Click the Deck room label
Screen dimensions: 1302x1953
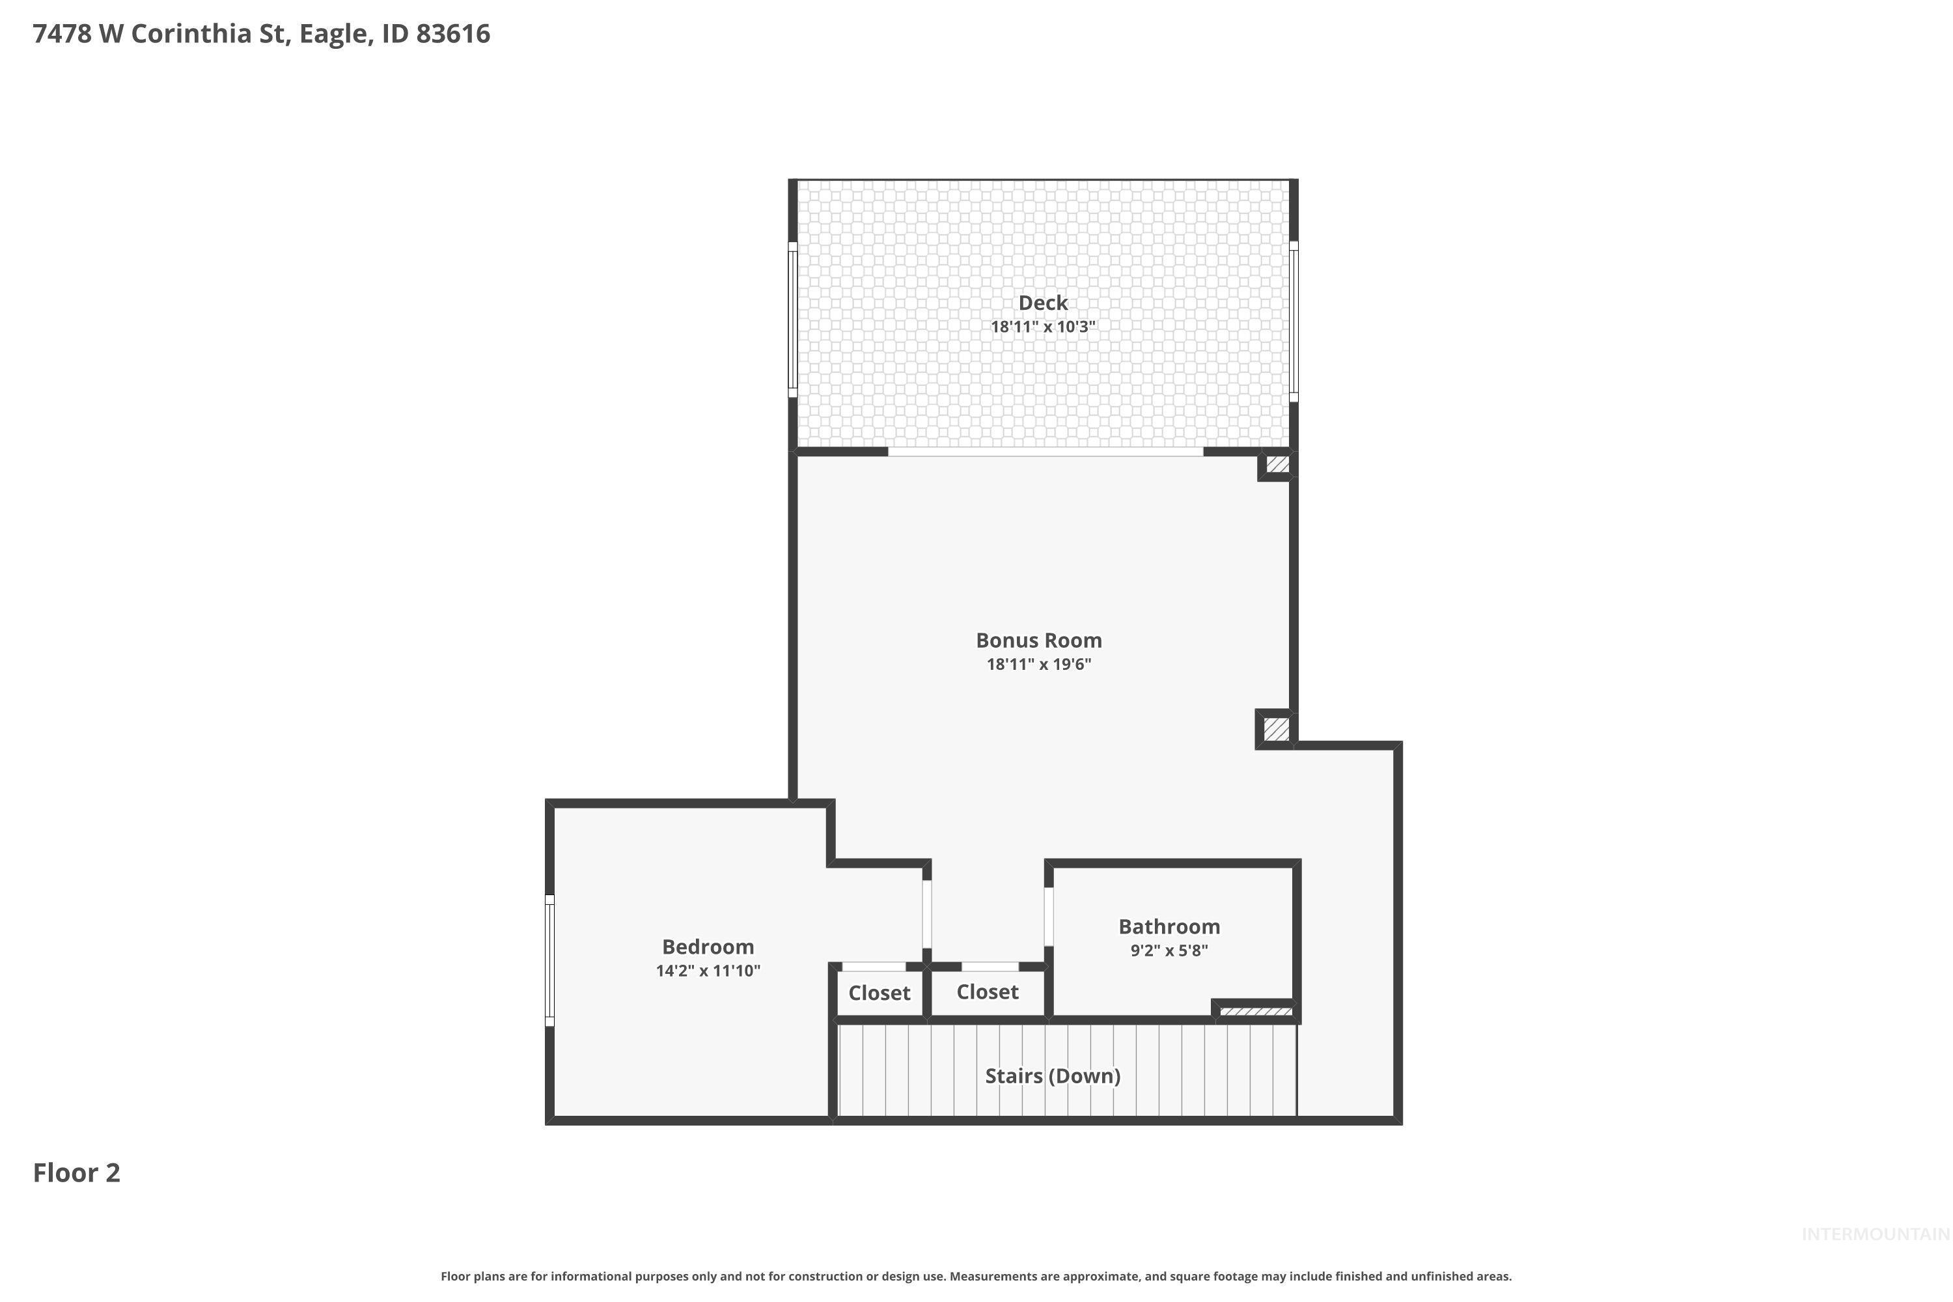pos(1043,303)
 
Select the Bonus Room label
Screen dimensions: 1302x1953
pos(1039,640)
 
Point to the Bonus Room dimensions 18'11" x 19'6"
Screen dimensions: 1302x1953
pos(1039,664)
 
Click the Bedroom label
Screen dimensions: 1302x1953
pos(708,947)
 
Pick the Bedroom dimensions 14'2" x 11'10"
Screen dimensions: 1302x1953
pos(708,971)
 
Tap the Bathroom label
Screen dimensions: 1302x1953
pos(1169,926)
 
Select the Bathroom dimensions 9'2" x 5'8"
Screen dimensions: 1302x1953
pos(1169,950)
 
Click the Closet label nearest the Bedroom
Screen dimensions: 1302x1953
pos(880,993)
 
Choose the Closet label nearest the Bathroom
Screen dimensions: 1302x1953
pos(988,992)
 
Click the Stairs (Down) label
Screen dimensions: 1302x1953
pos(1053,1076)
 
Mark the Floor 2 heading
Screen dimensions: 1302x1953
pos(76,1173)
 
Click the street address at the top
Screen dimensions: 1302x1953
pos(262,34)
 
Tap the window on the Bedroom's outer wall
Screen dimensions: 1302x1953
pos(549,961)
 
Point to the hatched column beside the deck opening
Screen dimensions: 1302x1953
pos(1278,465)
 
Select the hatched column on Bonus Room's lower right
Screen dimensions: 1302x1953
pos(1276,730)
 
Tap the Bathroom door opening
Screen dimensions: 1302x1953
pos(1049,917)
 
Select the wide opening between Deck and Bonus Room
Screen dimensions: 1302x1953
pos(1046,452)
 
